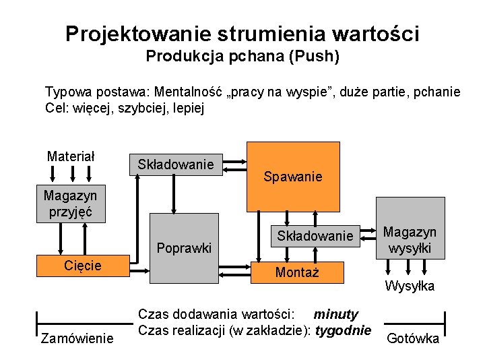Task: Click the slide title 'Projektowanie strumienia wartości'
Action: (x=243, y=33)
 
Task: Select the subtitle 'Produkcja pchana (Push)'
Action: (x=243, y=56)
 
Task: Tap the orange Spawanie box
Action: (x=293, y=177)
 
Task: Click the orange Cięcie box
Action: (x=82, y=266)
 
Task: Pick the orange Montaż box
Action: (x=297, y=272)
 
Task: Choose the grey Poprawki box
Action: (x=183, y=248)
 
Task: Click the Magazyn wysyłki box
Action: (x=410, y=240)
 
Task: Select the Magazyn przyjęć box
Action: (x=70, y=204)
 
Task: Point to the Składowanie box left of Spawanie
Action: (x=175, y=164)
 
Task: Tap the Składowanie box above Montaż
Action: (x=315, y=236)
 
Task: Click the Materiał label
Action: (x=71, y=156)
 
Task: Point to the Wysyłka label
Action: (x=410, y=286)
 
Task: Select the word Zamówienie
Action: (x=77, y=338)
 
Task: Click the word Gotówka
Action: (x=413, y=338)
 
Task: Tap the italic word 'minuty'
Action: (x=336, y=314)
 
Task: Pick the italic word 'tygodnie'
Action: (x=344, y=330)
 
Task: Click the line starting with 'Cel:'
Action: (x=124, y=107)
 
